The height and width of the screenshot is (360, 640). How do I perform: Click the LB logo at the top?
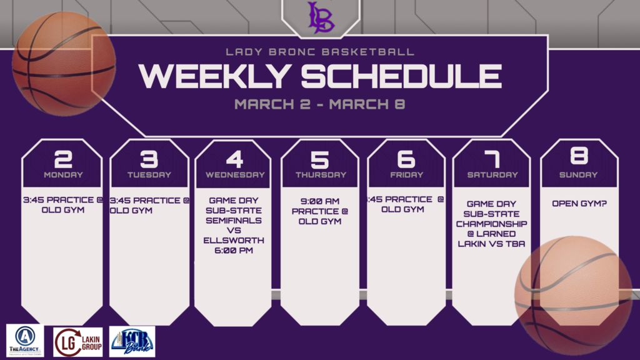320,17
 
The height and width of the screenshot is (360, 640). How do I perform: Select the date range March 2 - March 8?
319,104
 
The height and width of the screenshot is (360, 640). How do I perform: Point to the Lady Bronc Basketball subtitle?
319,52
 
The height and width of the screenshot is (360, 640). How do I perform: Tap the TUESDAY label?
149,175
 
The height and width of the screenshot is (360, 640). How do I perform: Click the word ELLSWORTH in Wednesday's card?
233,240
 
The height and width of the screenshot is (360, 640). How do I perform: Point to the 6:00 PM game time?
233,251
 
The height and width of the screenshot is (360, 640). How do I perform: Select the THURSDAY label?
320,175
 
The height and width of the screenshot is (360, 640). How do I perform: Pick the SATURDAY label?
492,175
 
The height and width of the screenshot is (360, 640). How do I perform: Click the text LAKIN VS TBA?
492,244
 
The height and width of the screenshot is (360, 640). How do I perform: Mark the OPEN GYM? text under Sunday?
578,204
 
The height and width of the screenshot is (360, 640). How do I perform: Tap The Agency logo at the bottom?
24,341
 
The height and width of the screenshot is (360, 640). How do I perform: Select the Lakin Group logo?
77,341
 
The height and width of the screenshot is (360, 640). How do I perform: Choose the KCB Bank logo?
132,341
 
